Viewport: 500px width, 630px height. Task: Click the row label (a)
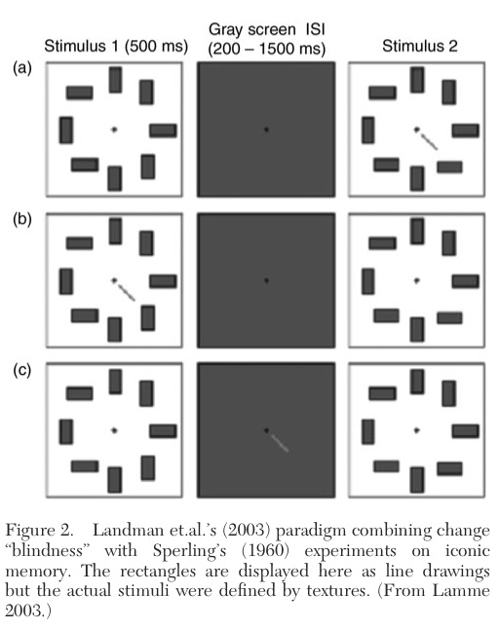[x=22, y=68]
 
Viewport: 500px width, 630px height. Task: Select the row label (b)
[x=22, y=219]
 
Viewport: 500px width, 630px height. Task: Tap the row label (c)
[x=22, y=370]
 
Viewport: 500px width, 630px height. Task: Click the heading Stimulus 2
[x=419, y=46]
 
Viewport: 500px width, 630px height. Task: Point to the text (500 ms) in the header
[x=157, y=46]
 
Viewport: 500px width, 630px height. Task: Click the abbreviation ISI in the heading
[x=316, y=29]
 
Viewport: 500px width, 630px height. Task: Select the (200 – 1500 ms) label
[x=267, y=49]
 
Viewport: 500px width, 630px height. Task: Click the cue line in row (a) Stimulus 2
[x=429, y=141]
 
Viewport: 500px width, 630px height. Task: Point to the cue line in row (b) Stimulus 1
[x=126, y=292]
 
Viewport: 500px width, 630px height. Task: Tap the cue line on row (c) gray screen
[x=279, y=443]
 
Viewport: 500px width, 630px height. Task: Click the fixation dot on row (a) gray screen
[x=266, y=130]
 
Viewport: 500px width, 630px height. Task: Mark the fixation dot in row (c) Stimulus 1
[x=114, y=430]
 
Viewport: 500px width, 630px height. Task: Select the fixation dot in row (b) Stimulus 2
[x=417, y=280]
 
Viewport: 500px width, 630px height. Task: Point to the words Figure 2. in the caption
[x=39, y=531]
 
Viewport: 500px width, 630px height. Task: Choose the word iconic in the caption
[x=467, y=550]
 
